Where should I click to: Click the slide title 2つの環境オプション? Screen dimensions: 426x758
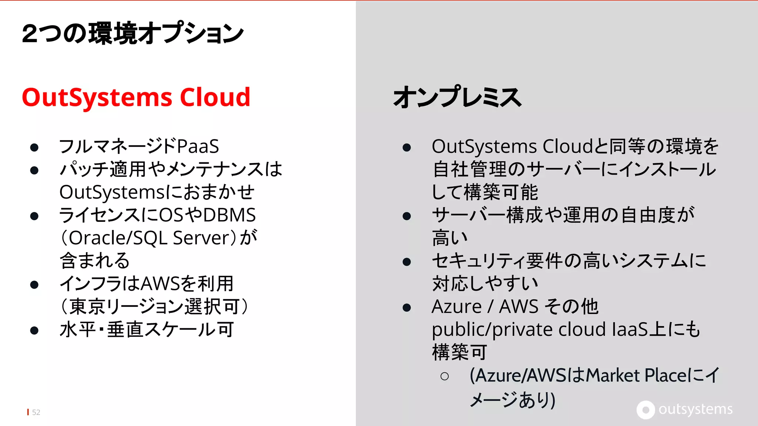133,33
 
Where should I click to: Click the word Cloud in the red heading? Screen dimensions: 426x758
215,97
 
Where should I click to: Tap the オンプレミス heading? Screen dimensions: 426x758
457,97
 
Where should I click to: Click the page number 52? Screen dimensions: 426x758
36,412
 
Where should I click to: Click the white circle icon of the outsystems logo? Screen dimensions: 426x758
645,410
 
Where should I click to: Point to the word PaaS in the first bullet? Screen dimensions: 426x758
198,146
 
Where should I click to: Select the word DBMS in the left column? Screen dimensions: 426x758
229,215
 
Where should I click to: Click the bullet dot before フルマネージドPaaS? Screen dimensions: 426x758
34,148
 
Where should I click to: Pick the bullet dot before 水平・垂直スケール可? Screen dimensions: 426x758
34,330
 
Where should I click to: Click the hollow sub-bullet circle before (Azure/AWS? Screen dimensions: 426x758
445,376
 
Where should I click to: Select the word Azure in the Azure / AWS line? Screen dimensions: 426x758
457,307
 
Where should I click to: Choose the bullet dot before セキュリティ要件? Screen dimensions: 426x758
407,262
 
